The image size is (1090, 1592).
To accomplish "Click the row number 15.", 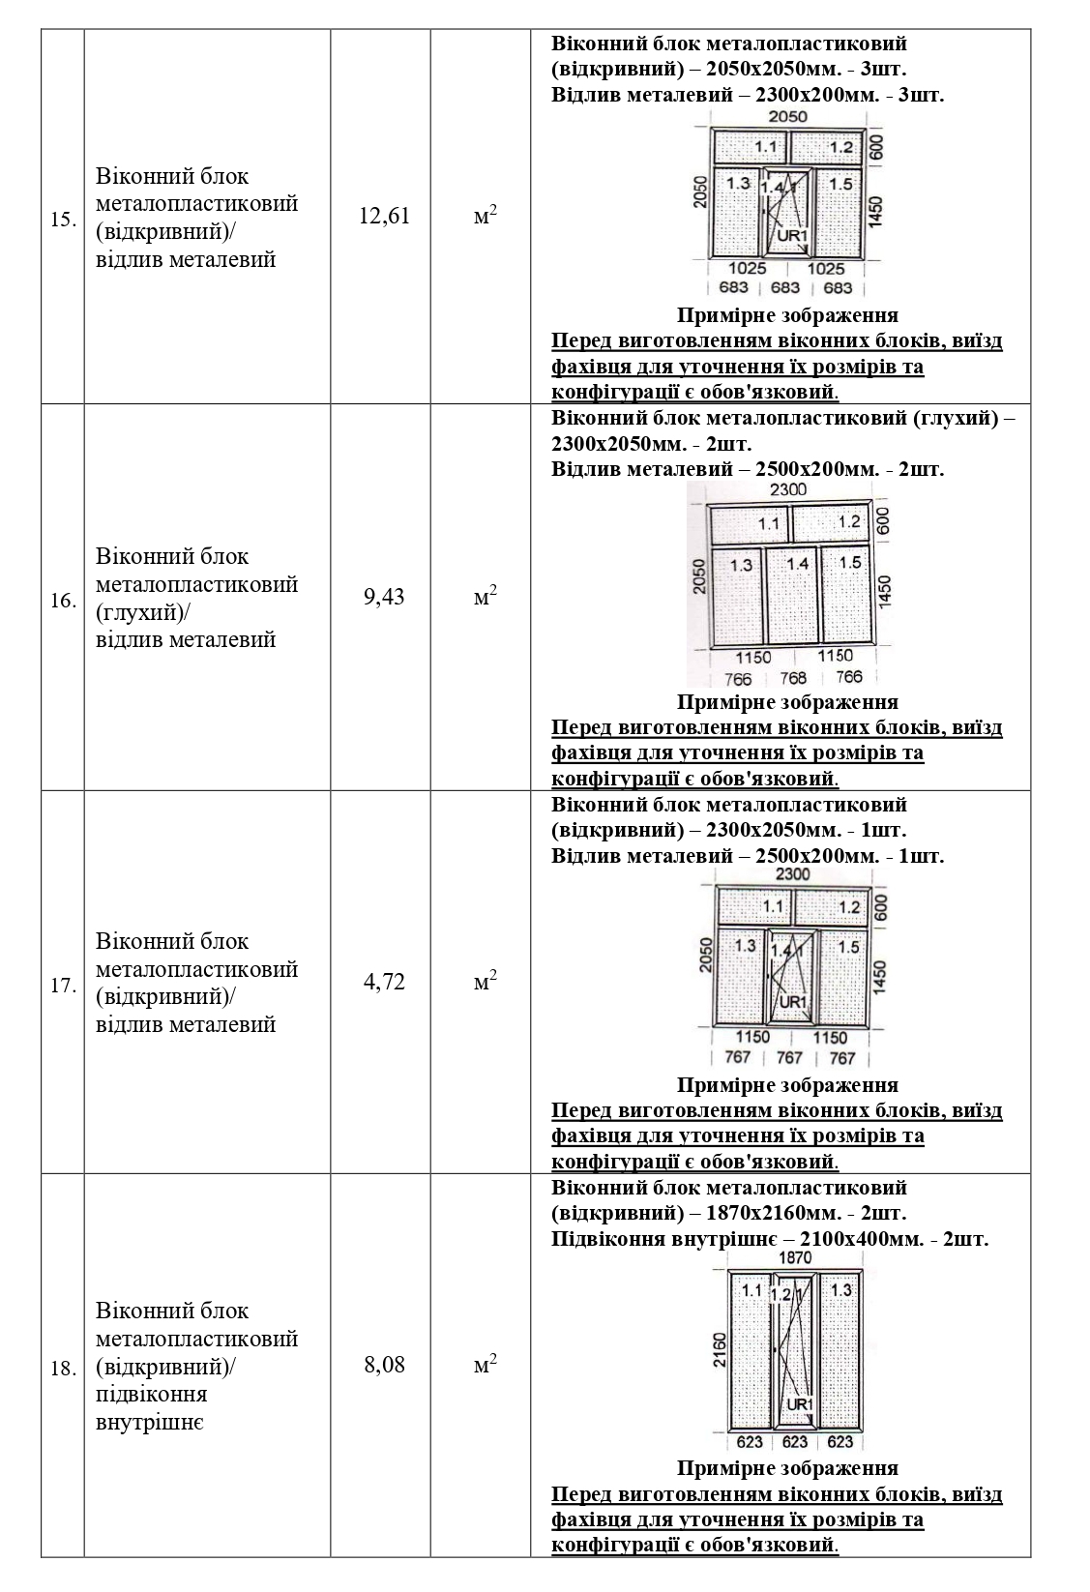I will pyautogui.click(x=63, y=219).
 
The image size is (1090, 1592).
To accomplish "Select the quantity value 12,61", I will pyautogui.click(x=384, y=216).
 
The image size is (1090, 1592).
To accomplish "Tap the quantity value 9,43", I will pyautogui.click(x=384, y=597).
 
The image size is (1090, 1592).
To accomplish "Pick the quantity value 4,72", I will pyautogui.click(x=384, y=982).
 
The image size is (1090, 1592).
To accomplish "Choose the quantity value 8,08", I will pyautogui.click(x=384, y=1365).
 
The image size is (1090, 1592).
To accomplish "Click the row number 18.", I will pyautogui.click(x=63, y=1369).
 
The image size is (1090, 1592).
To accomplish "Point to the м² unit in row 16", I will pyautogui.click(x=485, y=597).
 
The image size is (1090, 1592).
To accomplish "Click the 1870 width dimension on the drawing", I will pyautogui.click(x=794, y=1258).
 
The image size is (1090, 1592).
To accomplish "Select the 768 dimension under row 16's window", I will pyautogui.click(x=794, y=678).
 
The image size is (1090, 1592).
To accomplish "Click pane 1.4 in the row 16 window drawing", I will pyautogui.click(x=798, y=563).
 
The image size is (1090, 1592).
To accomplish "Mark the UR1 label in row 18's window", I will pyautogui.click(x=799, y=1404).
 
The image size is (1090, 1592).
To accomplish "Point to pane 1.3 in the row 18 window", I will pyautogui.click(x=840, y=1289).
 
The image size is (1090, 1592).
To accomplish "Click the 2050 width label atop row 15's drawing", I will pyautogui.click(x=787, y=116).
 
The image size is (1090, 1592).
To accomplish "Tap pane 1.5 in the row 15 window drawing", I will pyautogui.click(x=840, y=184).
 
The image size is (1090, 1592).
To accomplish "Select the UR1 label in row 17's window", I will pyautogui.click(x=792, y=1001).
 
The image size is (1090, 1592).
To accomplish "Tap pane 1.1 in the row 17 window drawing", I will pyautogui.click(x=773, y=907).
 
